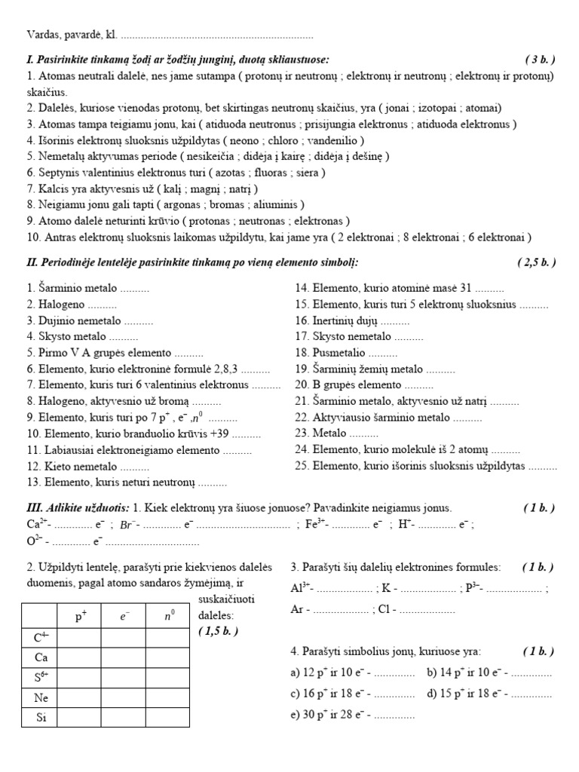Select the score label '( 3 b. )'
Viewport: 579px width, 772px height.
tap(540, 60)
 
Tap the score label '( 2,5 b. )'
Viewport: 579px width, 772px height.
tap(536, 262)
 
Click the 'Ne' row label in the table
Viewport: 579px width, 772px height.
tap(41, 697)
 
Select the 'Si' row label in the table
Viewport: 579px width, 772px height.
tap(41, 718)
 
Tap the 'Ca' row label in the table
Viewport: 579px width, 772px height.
tap(41, 657)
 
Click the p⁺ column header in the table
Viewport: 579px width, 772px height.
tap(81, 617)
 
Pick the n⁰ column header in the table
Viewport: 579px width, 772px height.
tap(169, 617)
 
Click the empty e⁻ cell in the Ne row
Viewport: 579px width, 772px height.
tap(124, 697)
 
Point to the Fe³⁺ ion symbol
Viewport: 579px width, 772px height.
tap(316, 524)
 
